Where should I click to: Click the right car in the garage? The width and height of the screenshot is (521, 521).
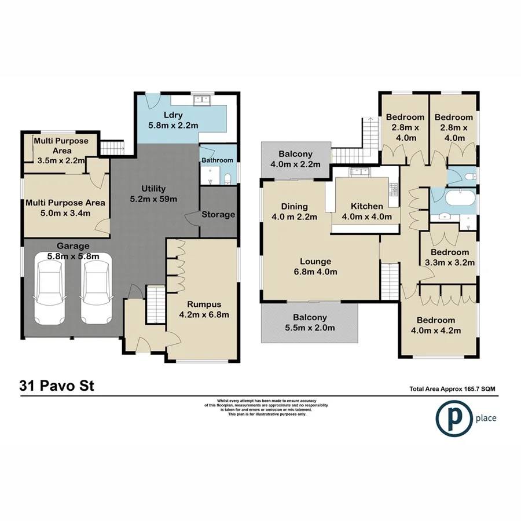95,291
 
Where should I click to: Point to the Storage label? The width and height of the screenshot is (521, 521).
218,215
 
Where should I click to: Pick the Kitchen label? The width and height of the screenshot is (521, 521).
366,207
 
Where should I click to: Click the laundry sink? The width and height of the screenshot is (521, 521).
203,100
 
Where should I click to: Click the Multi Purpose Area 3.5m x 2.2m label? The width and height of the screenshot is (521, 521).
61,151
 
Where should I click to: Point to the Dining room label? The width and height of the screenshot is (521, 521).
294,207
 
